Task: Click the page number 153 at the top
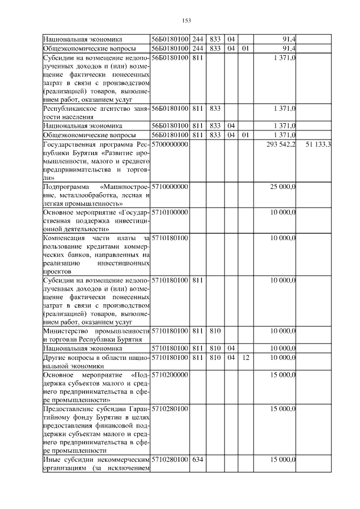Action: coord(187,21)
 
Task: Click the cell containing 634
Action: coord(197,460)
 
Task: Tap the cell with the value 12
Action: coord(245,357)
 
